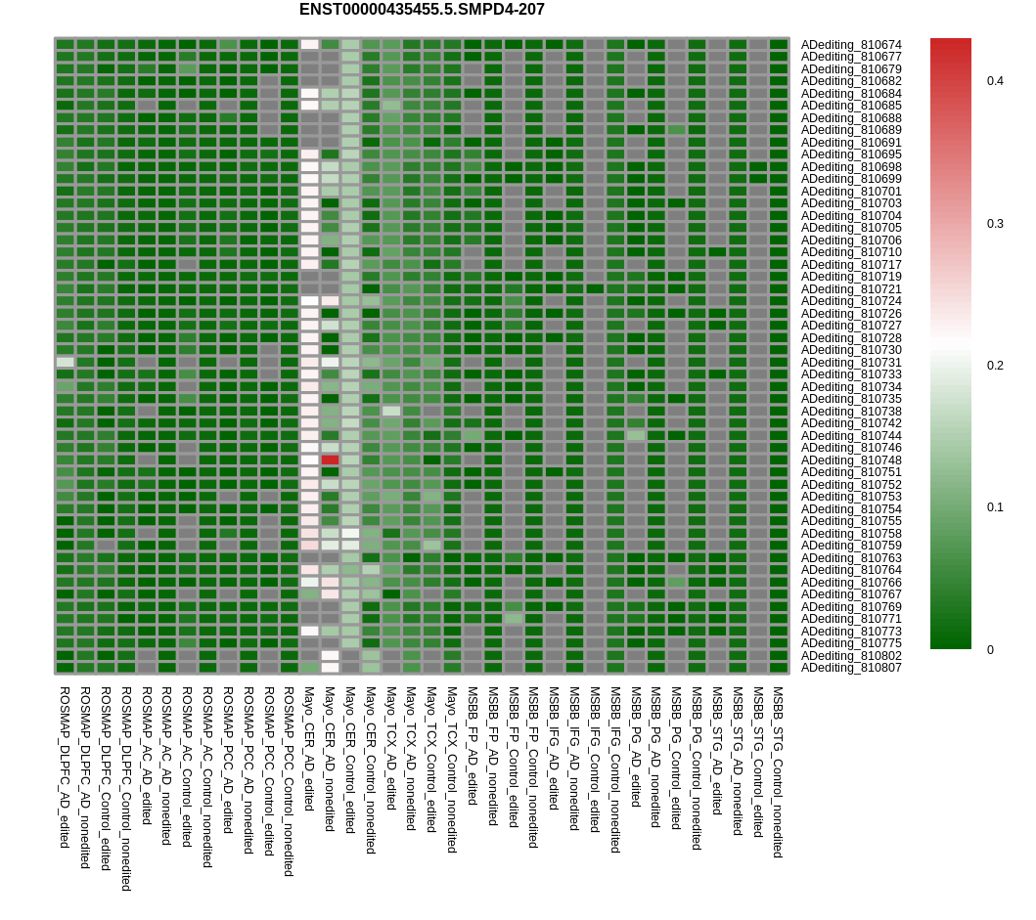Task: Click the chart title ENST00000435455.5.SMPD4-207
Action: tap(422, 10)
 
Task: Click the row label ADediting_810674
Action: tap(851, 45)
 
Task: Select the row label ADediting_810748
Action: tap(851, 460)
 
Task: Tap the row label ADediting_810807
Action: tap(851, 668)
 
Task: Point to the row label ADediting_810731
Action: tap(851, 363)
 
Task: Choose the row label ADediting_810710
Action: tap(851, 252)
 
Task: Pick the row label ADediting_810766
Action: tap(851, 583)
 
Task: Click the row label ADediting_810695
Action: tap(851, 154)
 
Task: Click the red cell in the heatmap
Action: tap(330, 460)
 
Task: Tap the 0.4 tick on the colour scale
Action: tap(995, 81)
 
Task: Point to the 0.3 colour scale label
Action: tap(995, 224)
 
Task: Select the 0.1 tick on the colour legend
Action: tap(995, 507)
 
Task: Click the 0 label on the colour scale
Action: tap(990, 650)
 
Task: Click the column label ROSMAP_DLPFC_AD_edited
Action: tap(65, 767)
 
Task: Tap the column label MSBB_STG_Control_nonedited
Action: tap(778, 772)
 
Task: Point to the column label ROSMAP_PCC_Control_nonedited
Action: tap(289, 781)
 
